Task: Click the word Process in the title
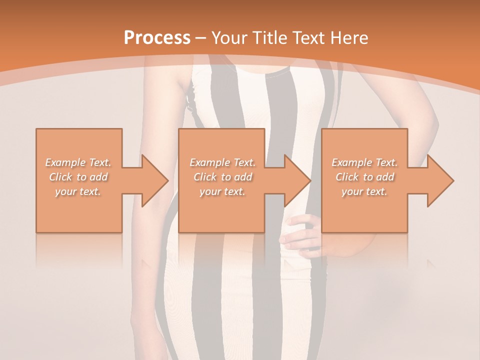157,37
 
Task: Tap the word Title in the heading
271,37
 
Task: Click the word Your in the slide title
230,37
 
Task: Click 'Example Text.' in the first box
78,162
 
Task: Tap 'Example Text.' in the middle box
222,162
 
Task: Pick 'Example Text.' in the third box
364,162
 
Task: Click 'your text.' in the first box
78,191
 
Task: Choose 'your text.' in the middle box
222,191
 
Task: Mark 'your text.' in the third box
364,191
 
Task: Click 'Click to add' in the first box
78,177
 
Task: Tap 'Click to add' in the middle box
222,177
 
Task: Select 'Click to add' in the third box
364,177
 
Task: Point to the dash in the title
201,37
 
